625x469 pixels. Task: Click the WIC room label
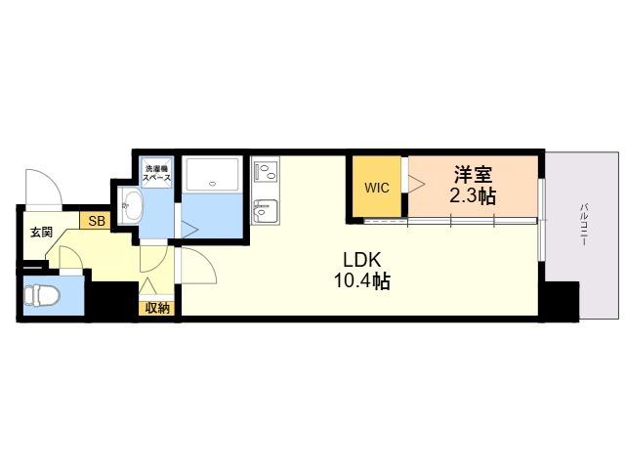tap(377, 188)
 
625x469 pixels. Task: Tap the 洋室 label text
tap(473, 174)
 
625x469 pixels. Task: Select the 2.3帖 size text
tap(473, 195)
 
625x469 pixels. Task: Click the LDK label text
tap(362, 260)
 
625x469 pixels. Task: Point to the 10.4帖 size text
tap(361, 281)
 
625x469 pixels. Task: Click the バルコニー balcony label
tap(584, 224)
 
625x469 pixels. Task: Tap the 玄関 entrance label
tap(42, 233)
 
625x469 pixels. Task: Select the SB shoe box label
tap(97, 221)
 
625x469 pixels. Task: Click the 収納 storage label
tap(157, 308)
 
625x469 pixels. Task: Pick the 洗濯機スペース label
tap(156, 173)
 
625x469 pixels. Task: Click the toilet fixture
tap(41, 295)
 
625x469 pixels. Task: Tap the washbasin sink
tap(132, 206)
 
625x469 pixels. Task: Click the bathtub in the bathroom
tap(213, 175)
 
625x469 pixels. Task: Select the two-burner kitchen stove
tap(266, 172)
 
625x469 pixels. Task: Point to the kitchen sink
tap(265, 210)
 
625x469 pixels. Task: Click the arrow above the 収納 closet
tap(148, 286)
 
